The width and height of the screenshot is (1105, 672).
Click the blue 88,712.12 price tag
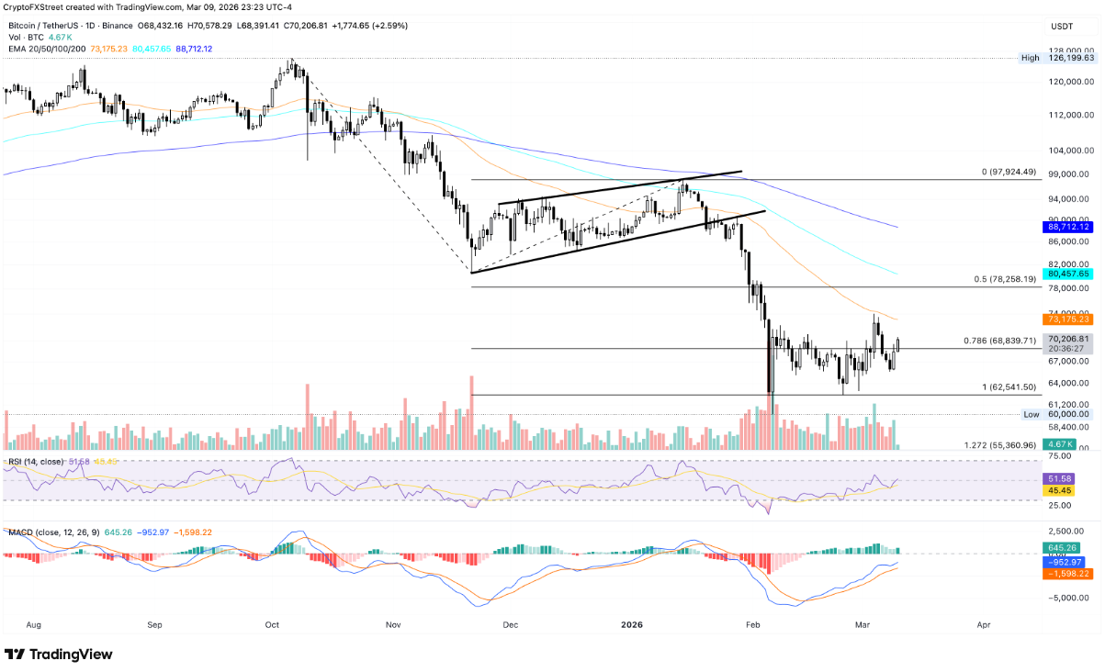[x=1069, y=227]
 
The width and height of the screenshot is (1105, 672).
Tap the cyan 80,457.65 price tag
[x=1069, y=274]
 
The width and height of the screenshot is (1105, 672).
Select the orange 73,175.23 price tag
[x=1069, y=319]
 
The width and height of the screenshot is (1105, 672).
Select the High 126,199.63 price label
[x=1069, y=58]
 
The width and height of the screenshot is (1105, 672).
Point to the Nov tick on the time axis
[x=393, y=624]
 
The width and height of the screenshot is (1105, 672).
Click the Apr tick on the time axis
[x=983, y=624]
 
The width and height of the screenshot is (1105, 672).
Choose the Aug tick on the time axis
[x=34, y=624]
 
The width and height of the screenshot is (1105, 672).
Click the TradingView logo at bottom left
[x=59, y=654]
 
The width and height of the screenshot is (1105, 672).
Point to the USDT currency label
[x=1062, y=28]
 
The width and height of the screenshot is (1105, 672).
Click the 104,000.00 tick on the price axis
[x=1069, y=151]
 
